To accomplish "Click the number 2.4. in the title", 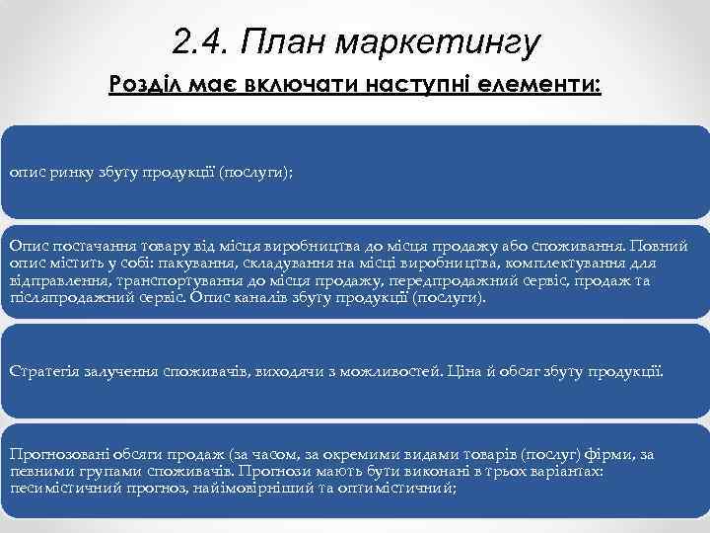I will click(198, 41).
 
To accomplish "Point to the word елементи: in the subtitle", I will click(537, 88).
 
